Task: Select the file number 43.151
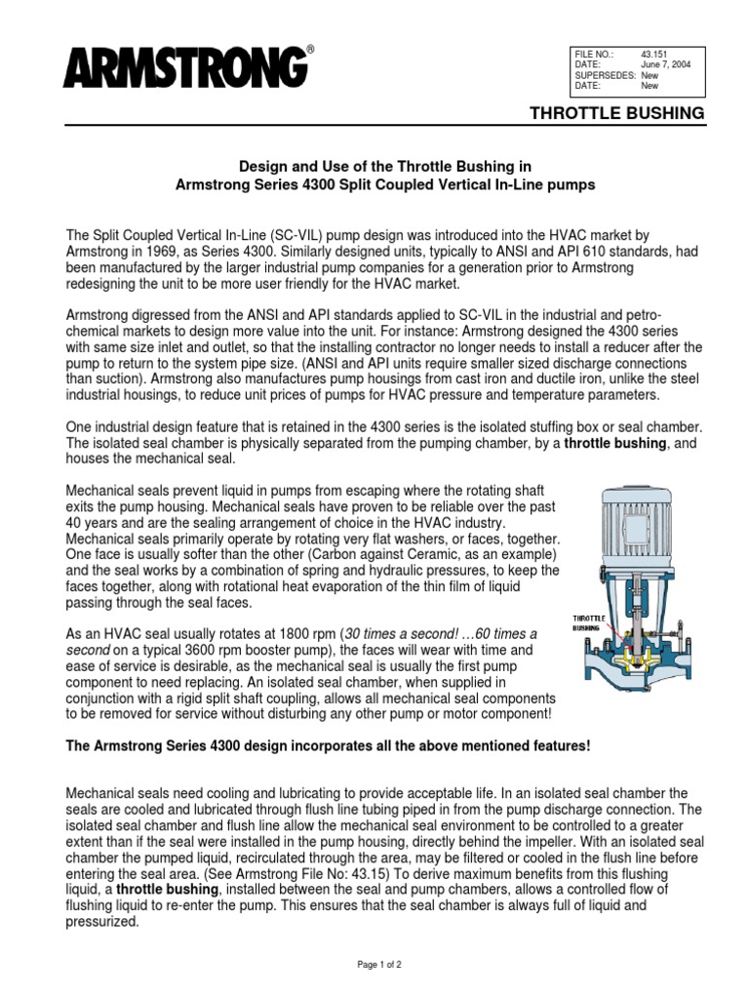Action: click(x=652, y=53)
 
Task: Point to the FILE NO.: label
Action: click(x=594, y=53)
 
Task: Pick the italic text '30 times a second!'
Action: click(x=405, y=633)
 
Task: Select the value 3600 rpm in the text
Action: click(x=203, y=648)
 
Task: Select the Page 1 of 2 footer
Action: click(x=374, y=963)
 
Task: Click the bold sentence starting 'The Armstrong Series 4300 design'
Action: click(x=328, y=746)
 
